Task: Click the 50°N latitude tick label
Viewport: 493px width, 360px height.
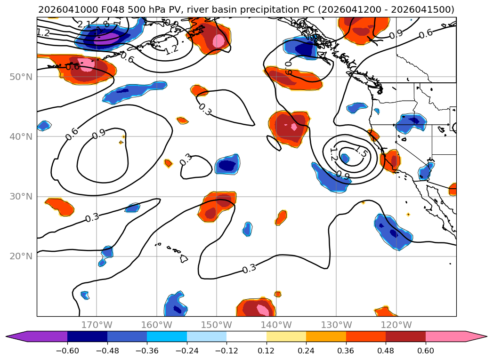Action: pyautogui.click(x=21, y=77)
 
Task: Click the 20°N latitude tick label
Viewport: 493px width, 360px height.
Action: pyautogui.click(x=21, y=256)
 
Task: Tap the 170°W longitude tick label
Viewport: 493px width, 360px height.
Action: pyautogui.click(x=97, y=325)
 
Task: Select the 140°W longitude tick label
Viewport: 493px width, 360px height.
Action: pyautogui.click(x=276, y=325)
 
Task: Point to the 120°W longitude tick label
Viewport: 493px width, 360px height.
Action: pyautogui.click(x=396, y=325)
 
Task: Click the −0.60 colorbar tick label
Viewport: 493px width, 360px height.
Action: pyautogui.click(x=67, y=351)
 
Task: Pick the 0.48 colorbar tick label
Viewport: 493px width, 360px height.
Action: pyautogui.click(x=386, y=351)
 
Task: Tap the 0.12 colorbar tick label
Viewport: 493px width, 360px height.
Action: pyautogui.click(x=267, y=351)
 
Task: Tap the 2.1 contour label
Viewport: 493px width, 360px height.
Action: pyautogui.click(x=85, y=24)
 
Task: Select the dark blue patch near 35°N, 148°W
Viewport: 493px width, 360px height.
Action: pyautogui.click(x=228, y=166)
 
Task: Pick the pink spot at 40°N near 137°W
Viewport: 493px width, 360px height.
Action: pyautogui.click(x=294, y=127)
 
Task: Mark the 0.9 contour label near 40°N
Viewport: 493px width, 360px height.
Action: pyautogui.click(x=99, y=135)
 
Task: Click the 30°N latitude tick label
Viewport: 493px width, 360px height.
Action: pyautogui.click(x=21, y=197)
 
